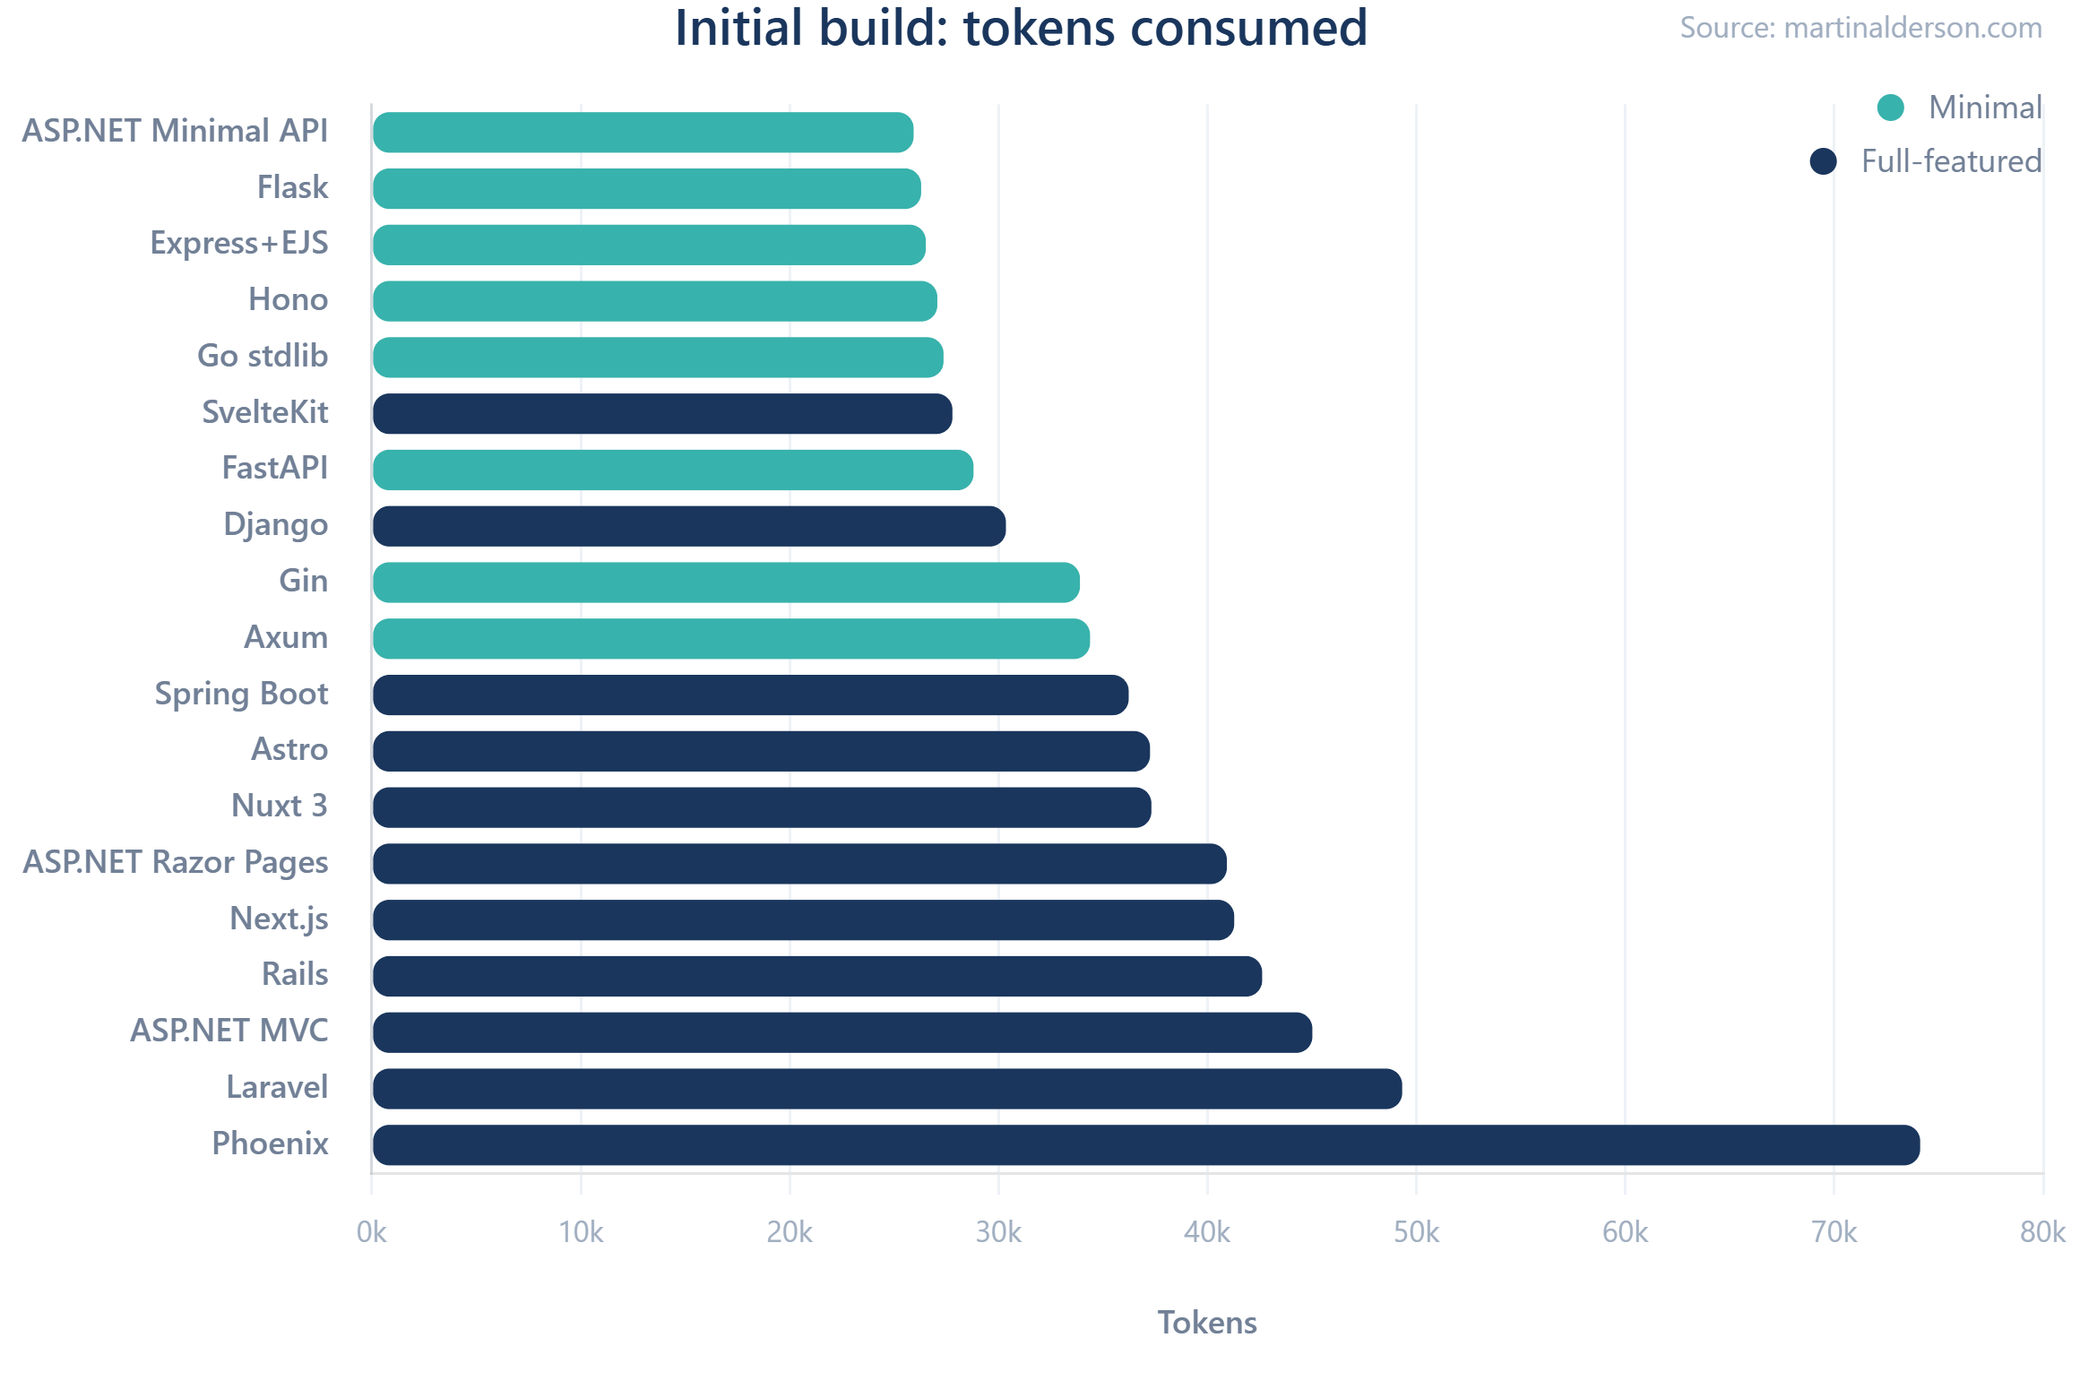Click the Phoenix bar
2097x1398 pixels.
pyautogui.click(x=1145, y=1145)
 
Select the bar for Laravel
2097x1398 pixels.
pyautogui.click(x=887, y=1089)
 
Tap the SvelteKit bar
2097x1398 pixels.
pyautogui.click(x=662, y=414)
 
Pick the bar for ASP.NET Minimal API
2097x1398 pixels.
pyautogui.click(x=643, y=133)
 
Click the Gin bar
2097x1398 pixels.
pyautogui.click(x=726, y=582)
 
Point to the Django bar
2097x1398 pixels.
pyautogui.click(x=689, y=526)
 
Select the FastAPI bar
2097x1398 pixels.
pyautogui.click(x=673, y=470)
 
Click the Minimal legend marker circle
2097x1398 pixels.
pyautogui.click(x=1890, y=108)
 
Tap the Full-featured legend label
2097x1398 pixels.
pyautogui.click(x=1950, y=161)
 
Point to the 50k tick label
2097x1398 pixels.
pyautogui.click(x=1416, y=1233)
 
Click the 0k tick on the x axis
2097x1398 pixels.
pyautogui.click(x=371, y=1233)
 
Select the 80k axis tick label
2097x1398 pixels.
pyautogui.click(x=2042, y=1233)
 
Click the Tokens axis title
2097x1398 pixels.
pyautogui.click(x=1206, y=1323)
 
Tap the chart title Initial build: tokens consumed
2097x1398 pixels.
pyautogui.click(x=1020, y=29)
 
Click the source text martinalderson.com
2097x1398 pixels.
pyautogui.click(x=1860, y=29)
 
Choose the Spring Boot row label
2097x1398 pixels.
pyautogui.click(x=241, y=695)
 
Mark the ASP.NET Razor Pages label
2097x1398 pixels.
pyautogui.click(x=176, y=863)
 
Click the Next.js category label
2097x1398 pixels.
pyautogui.click(x=279, y=919)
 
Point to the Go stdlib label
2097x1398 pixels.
pyautogui.click(x=263, y=357)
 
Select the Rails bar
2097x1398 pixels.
pyautogui.click(x=817, y=976)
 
